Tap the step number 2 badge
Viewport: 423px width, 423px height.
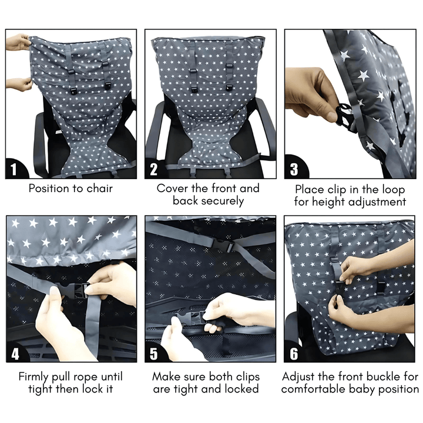154,170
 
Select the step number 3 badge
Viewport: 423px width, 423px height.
294,170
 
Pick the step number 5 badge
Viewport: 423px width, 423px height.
154,354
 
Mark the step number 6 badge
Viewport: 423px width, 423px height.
294,354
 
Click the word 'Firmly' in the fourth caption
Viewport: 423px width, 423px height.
34,376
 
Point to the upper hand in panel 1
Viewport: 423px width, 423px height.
19,42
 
